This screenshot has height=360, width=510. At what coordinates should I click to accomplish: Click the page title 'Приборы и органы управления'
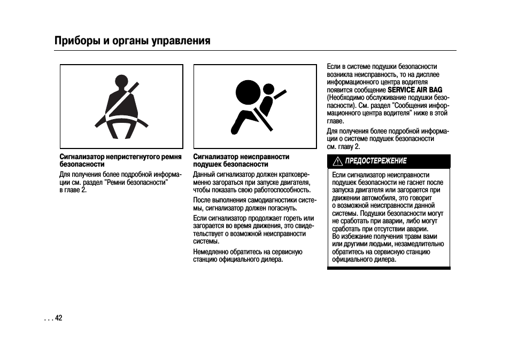click(x=133, y=41)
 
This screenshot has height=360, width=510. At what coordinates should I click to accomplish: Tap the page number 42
click(x=59, y=318)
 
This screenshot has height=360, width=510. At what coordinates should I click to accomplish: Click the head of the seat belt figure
click(x=121, y=82)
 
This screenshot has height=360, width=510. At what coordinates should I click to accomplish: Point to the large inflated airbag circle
click(x=248, y=92)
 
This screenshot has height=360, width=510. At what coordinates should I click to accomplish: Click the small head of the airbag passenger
click(x=269, y=89)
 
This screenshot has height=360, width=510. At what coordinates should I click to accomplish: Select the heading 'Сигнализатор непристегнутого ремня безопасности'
click(x=121, y=161)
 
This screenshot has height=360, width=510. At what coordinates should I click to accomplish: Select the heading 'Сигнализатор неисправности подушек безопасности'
click(x=241, y=161)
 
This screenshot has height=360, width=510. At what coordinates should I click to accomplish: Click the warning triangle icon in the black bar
click(x=338, y=161)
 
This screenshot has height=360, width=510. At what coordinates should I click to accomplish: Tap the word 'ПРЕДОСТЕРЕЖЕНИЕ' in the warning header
click(x=376, y=161)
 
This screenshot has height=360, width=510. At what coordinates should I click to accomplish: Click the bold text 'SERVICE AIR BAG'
click(x=415, y=90)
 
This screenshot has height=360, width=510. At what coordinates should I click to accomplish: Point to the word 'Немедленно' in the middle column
click(x=211, y=252)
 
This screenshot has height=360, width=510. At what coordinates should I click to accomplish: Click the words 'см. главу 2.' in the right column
click(x=343, y=146)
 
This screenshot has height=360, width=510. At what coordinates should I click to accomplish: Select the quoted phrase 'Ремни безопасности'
click(x=135, y=182)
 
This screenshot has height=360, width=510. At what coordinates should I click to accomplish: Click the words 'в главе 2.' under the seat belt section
click(x=73, y=190)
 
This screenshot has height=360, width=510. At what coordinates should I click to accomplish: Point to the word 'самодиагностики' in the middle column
click(x=272, y=200)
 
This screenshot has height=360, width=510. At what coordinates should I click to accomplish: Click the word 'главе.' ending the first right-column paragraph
click(x=335, y=121)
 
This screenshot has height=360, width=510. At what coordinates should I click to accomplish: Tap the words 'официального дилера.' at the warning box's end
click(x=364, y=260)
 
